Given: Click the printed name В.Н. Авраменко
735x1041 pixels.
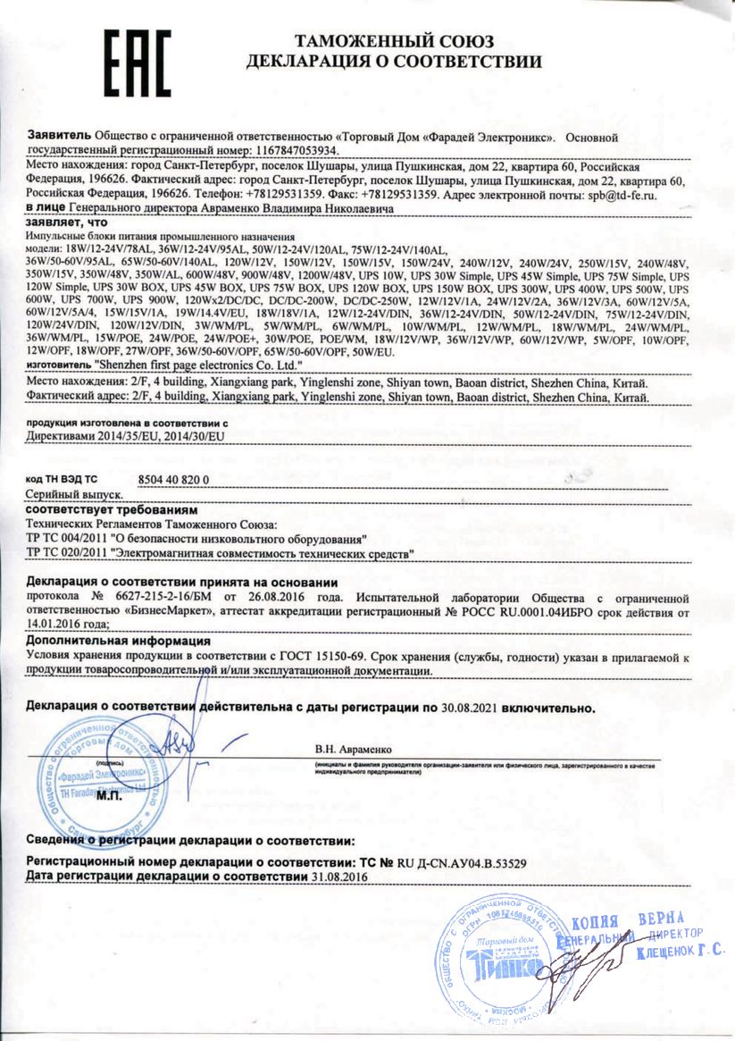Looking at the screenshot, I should coord(353,748).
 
